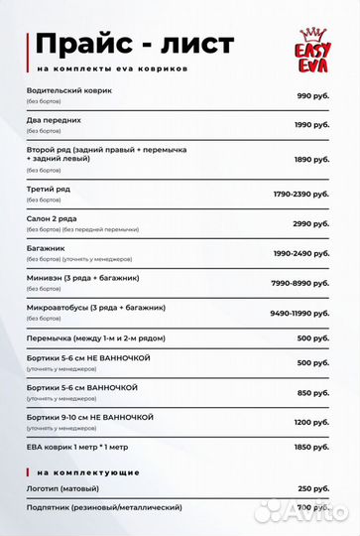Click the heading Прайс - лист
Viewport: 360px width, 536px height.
point(134,44)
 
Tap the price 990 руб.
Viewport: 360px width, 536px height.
point(312,95)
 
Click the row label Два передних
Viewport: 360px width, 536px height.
point(54,119)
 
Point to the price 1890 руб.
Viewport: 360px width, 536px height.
point(310,159)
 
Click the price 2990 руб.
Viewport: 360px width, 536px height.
point(310,223)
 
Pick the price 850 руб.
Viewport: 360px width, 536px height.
point(312,392)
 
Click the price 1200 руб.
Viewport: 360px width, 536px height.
point(310,422)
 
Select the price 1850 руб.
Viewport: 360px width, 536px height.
point(310,449)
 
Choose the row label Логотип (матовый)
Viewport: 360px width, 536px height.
point(66,487)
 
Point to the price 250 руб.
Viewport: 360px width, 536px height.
point(312,488)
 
